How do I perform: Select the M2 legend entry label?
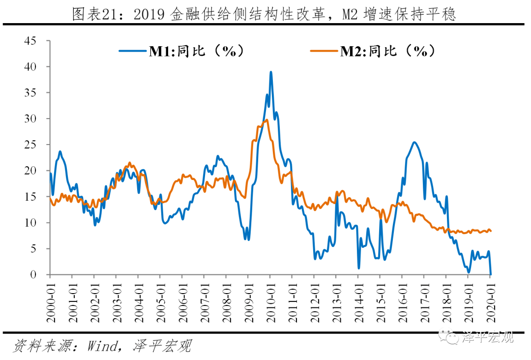[x=388, y=50]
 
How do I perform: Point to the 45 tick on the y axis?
[x=30, y=41]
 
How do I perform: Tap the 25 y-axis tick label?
[x=30, y=145]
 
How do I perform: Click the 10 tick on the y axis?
[x=30, y=223]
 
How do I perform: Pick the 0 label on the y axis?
[x=33, y=274]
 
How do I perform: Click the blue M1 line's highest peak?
[x=271, y=72]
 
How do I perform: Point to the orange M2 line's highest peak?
[x=266, y=120]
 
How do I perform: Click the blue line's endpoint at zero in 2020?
[x=491, y=274]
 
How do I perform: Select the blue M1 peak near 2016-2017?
[x=414, y=143]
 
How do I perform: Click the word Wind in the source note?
[x=102, y=346]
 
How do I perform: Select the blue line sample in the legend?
[x=133, y=50]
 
